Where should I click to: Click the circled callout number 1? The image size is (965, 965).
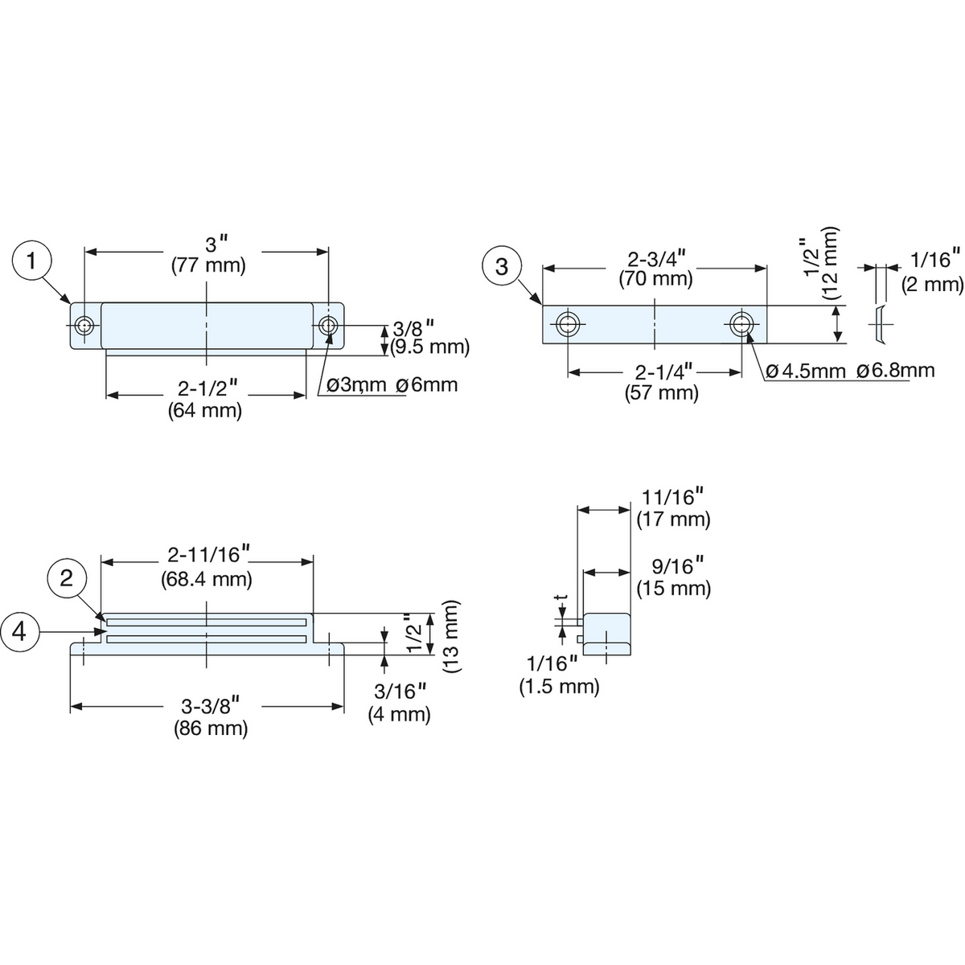[x=31, y=261]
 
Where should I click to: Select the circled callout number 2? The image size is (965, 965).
[x=67, y=579]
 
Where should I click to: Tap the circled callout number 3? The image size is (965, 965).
[x=502, y=266]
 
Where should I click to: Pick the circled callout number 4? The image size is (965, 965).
[x=19, y=632]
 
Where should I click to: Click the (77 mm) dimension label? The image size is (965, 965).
[x=208, y=265]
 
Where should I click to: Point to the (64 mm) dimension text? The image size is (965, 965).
[x=205, y=411]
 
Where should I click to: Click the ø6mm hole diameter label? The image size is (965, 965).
[x=427, y=385]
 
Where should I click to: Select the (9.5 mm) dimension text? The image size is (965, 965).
[x=430, y=347]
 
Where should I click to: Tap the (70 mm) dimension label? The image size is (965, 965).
[x=655, y=279]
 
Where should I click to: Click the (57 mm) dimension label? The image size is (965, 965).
[x=661, y=393]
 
